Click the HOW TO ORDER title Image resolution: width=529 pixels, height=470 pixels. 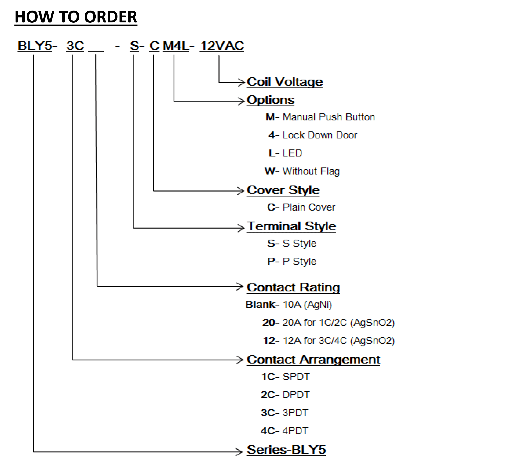pyautogui.click(x=76, y=17)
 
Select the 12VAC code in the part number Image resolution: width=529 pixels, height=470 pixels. pyautogui.click(x=222, y=46)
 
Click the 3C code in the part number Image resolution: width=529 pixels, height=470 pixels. pyautogui.click(x=75, y=46)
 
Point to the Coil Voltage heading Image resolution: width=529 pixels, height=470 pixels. pyautogui.click(x=285, y=82)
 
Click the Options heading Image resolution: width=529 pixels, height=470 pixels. pyautogui.click(x=271, y=100)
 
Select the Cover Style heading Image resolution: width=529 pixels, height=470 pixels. pyautogui.click(x=283, y=190)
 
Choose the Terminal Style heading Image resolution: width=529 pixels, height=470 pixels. pyautogui.click(x=291, y=226)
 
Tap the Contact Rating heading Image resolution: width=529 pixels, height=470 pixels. pyautogui.click(x=293, y=287)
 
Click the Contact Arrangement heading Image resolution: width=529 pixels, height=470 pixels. pyautogui.click(x=313, y=359)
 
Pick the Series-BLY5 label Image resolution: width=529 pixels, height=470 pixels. pyautogui.click(x=286, y=450)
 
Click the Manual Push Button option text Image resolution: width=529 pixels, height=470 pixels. pyautogui.click(x=329, y=117)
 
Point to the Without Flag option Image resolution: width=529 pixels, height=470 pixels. pyautogui.click(x=311, y=171)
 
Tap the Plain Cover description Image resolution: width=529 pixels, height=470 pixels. pyautogui.click(x=309, y=207)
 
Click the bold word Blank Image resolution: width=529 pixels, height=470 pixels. pyautogui.click(x=260, y=305)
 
